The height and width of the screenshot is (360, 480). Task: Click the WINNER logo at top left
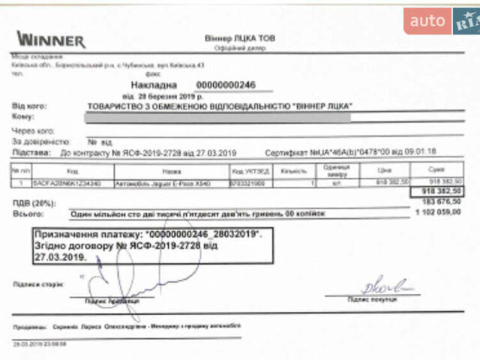[x=51, y=39]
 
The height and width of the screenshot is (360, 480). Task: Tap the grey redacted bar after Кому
[x=217, y=117]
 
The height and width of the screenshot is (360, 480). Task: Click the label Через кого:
[x=31, y=130]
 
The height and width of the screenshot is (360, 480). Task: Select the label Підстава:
[x=29, y=151]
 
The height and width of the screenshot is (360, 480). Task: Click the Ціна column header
[x=385, y=170]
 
